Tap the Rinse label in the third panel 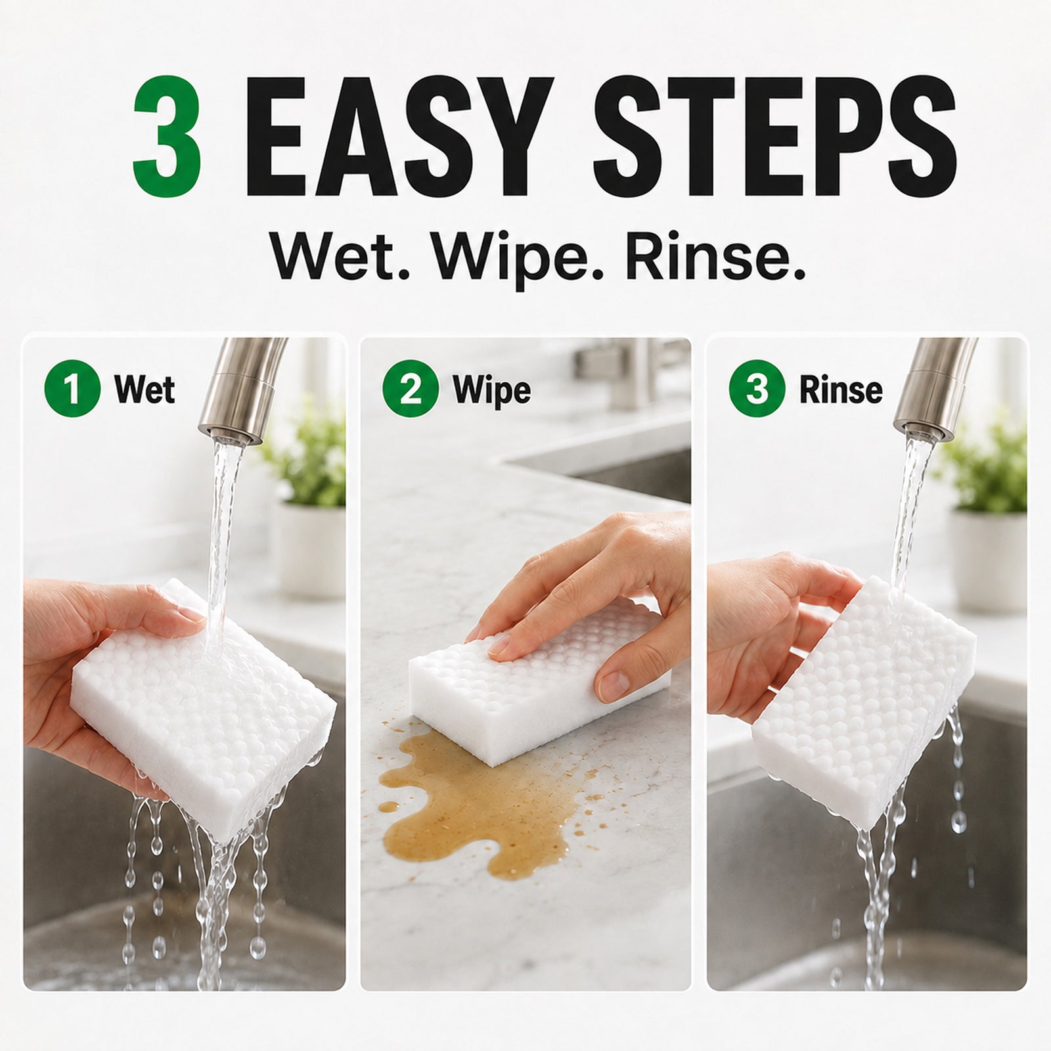coord(841,390)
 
